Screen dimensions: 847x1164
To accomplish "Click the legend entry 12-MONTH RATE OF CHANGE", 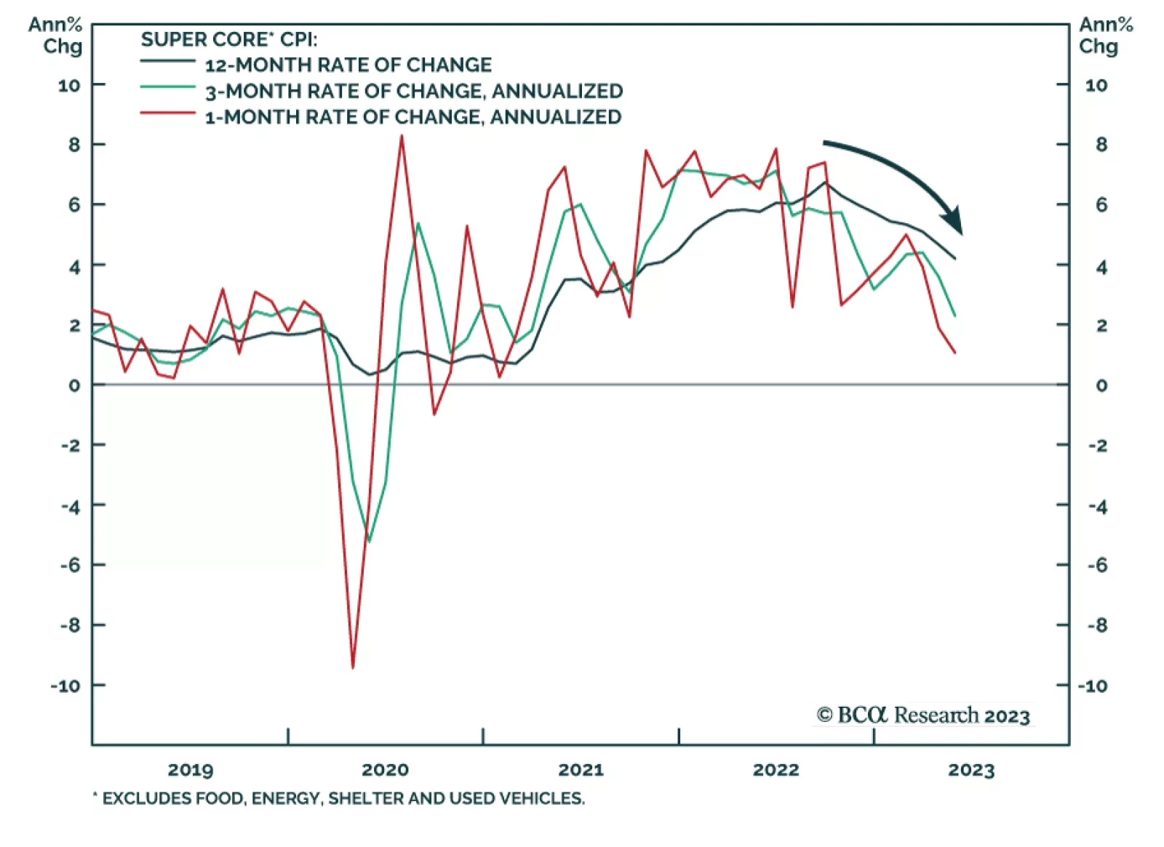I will click(x=348, y=65).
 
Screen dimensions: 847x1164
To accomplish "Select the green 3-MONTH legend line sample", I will click(x=167, y=87).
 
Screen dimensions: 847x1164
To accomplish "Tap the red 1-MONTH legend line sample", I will click(x=167, y=113).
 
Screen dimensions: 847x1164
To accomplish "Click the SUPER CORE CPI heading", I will click(x=228, y=39).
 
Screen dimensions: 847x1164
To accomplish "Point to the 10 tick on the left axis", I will click(x=69, y=86).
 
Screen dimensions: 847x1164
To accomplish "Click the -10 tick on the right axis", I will click(x=1093, y=686).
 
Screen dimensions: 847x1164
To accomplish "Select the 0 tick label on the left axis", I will click(x=74, y=385).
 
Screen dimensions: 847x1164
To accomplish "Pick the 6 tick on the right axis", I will click(x=1101, y=205).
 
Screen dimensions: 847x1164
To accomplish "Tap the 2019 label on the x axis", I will click(x=191, y=770).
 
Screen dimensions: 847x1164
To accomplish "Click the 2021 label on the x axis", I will click(x=581, y=770).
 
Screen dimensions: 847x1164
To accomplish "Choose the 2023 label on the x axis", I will click(x=970, y=770).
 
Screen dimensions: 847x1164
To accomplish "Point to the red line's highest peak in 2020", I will click(x=402, y=136).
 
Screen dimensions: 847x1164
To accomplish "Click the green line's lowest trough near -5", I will click(x=370, y=541).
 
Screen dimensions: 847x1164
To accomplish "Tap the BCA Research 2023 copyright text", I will click(x=923, y=715).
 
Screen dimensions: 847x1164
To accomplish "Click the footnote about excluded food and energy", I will click(x=339, y=798).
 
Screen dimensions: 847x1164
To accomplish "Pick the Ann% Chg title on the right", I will click(x=1105, y=36).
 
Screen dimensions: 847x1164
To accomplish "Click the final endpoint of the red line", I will click(x=954, y=353).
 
